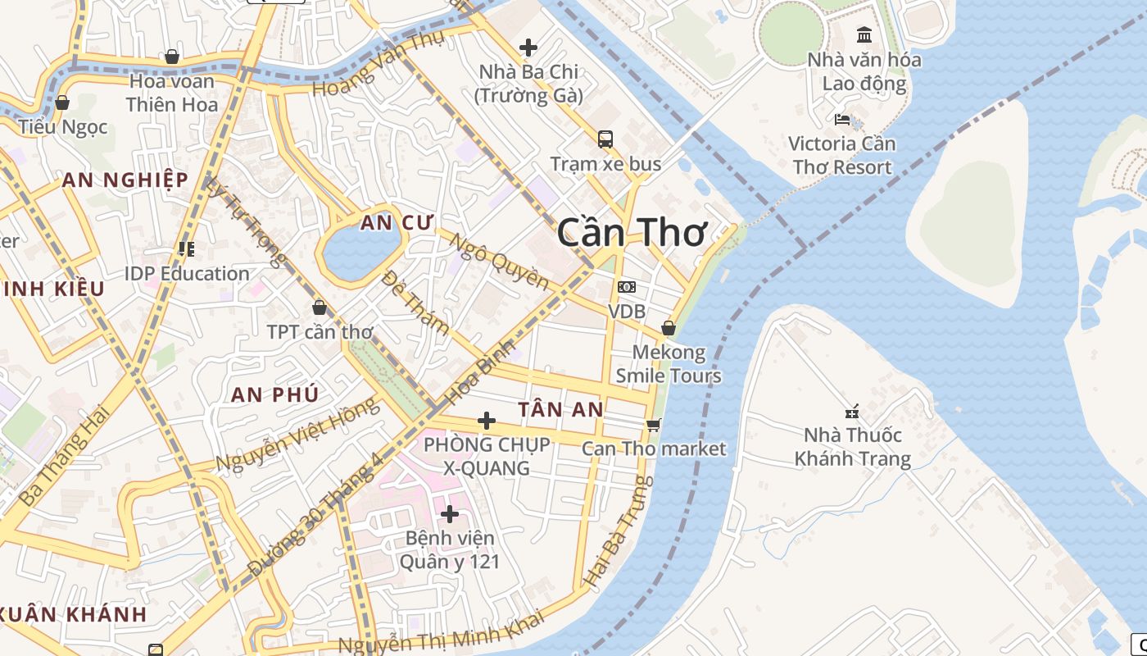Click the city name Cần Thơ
click(x=631, y=234)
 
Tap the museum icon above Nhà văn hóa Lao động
click(x=864, y=34)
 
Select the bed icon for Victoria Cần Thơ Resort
click(x=842, y=120)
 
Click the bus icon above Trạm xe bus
click(x=605, y=139)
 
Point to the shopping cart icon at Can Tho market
click(x=653, y=425)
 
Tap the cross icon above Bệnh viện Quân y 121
click(x=450, y=514)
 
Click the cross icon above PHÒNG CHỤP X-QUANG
click(x=487, y=421)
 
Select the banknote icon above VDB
click(x=627, y=287)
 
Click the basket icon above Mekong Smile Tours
click(x=669, y=328)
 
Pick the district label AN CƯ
click(x=397, y=223)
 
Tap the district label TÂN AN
click(x=560, y=409)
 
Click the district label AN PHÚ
click(x=274, y=394)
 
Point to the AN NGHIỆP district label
click(x=125, y=180)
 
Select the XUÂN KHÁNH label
click(x=74, y=614)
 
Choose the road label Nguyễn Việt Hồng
click(x=297, y=435)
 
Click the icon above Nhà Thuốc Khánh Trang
click(x=852, y=411)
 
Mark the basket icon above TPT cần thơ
click(x=320, y=307)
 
